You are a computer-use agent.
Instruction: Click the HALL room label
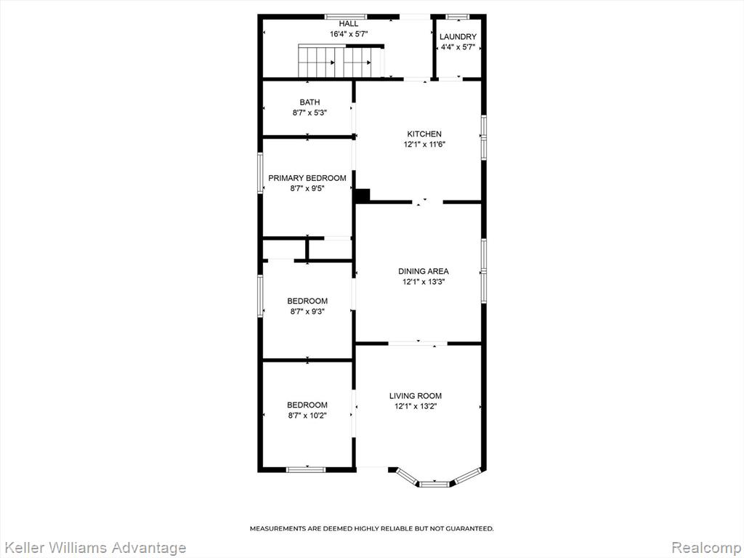tap(348, 24)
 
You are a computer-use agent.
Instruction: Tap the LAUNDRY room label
tap(458, 37)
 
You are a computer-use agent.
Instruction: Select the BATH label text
tap(310, 102)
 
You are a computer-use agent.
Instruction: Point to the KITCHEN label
tap(424, 134)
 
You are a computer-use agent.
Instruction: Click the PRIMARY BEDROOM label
tap(307, 178)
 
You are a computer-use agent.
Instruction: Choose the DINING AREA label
tap(424, 272)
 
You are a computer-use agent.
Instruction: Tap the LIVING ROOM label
tap(415, 396)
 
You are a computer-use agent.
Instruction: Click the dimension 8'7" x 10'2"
tap(308, 416)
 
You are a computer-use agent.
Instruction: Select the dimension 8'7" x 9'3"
tap(307, 312)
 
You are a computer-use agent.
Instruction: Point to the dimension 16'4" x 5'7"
tap(349, 34)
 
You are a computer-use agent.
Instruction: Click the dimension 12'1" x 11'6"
tap(424, 145)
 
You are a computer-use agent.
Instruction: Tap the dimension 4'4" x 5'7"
tap(458, 47)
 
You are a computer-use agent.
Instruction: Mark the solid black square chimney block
tap(363, 195)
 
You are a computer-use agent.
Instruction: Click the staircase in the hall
tap(340, 61)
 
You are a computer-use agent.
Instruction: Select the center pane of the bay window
tap(434, 484)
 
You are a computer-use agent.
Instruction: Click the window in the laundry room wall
tap(458, 17)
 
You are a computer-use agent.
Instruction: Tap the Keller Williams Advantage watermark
tap(94, 548)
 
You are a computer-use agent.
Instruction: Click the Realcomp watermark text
tap(706, 548)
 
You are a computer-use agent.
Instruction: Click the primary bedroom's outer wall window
tap(260, 173)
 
